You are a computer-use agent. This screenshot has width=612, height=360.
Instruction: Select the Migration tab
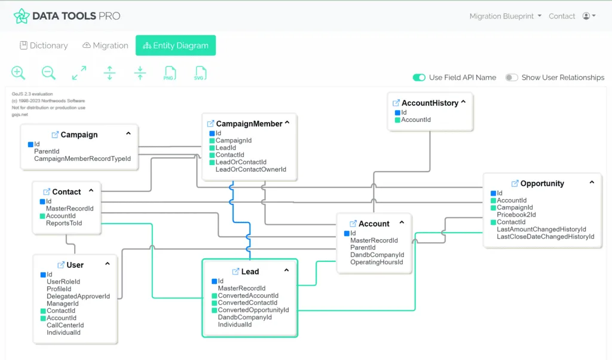[105, 45]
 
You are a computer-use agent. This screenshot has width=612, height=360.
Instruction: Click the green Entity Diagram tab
[175, 45]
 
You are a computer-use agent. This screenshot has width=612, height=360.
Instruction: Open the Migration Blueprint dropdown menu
[505, 16]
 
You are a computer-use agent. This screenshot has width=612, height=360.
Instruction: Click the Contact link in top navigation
[562, 16]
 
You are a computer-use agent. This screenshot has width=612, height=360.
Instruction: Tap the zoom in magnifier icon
[19, 73]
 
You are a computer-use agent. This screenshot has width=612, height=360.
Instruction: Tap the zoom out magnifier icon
[48, 73]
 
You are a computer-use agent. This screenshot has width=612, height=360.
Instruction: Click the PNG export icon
[170, 74]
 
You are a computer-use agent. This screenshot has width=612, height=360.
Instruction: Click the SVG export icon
[200, 74]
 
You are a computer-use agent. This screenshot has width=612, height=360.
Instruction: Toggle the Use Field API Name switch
[419, 77]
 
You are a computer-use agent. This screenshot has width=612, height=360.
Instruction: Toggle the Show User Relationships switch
[512, 77]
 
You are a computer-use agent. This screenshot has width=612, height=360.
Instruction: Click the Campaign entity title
[79, 135]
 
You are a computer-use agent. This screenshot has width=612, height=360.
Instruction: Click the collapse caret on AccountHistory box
[463, 102]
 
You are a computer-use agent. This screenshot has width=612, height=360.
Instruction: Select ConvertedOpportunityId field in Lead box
[253, 310]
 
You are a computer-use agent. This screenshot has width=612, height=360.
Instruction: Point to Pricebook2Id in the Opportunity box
[516, 215]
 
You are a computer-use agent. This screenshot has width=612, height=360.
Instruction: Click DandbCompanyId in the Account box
[377, 255]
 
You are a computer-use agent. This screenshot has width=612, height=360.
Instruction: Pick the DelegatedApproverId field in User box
[78, 296]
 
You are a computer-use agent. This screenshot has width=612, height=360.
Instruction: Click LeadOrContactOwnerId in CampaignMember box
[250, 169]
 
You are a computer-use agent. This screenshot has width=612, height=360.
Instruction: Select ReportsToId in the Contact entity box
[63, 223]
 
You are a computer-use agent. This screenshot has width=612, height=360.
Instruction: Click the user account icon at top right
[588, 16]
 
